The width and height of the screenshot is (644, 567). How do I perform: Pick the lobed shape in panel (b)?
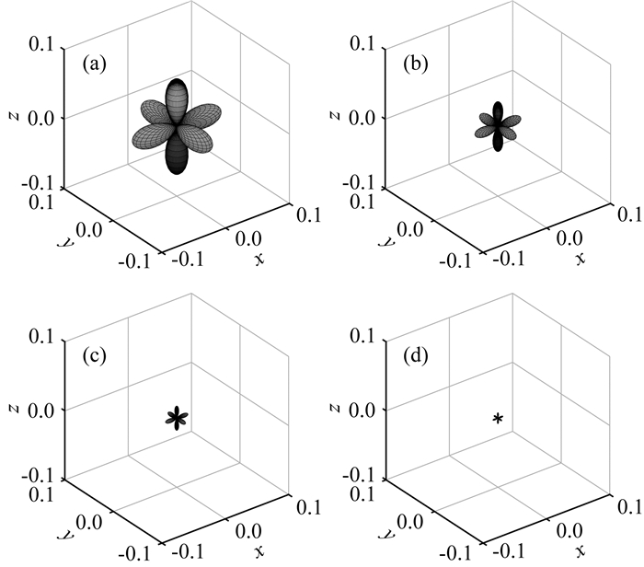point(498,127)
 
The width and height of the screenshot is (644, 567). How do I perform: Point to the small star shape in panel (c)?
point(176,419)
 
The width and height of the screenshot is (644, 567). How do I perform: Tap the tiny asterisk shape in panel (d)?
point(498,420)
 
